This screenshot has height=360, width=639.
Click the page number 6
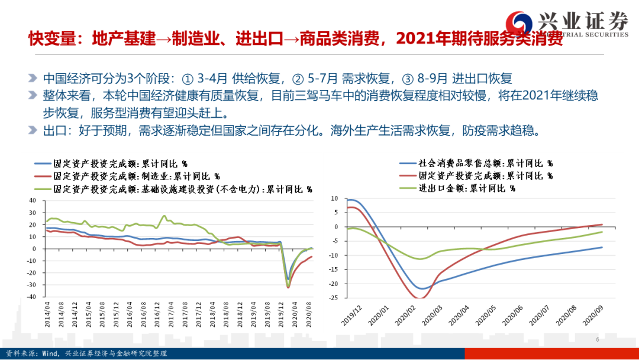click(x=598, y=339)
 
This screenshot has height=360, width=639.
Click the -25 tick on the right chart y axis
click(x=334, y=298)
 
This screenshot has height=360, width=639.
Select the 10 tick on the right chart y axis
click(x=335, y=199)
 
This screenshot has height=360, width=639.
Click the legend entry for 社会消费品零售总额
click(x=476, y=163)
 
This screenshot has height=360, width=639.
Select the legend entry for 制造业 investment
click(x=127, y=176)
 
